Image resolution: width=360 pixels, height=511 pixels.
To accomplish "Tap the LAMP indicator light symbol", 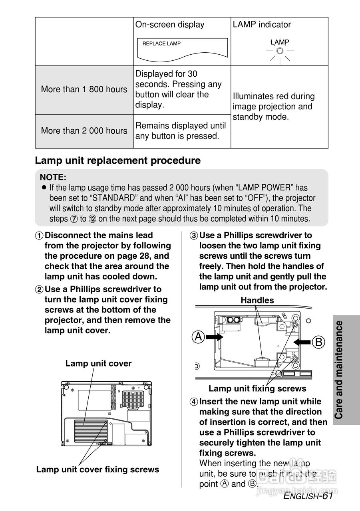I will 280,51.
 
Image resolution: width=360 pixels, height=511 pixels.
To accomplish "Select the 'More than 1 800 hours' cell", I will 84,89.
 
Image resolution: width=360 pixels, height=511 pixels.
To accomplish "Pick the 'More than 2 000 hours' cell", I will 84,131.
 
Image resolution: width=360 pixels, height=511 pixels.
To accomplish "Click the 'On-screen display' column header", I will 170,24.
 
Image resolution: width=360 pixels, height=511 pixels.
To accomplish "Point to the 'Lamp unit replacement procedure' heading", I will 118,160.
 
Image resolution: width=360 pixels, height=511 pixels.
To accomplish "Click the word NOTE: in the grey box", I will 53,177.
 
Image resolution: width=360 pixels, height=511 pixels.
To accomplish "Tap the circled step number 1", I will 39,236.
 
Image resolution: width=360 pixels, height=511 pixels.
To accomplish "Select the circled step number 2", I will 39,289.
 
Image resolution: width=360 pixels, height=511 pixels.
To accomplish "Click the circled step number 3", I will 194,236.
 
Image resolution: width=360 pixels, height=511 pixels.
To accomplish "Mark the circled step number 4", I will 194,402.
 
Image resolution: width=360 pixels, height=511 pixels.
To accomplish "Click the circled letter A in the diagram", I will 199,337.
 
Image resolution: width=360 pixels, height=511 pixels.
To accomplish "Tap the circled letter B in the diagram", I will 318,342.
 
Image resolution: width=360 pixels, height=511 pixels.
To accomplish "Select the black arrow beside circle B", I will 302,342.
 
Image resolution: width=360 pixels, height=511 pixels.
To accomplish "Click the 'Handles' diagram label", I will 257,300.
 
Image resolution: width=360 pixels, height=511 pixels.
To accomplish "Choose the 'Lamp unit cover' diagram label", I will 98,363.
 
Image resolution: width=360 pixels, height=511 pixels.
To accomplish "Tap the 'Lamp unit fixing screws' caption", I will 257,388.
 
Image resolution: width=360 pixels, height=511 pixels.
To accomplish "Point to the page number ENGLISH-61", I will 308,496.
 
